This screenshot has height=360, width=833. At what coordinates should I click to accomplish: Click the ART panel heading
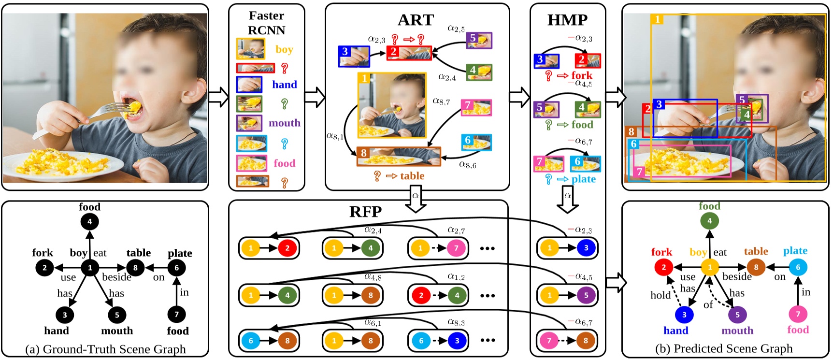(x=416, y=20)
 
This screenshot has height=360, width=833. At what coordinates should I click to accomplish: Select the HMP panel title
(x=567, y=20)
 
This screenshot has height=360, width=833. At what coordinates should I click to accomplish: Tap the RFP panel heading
(x=365, y=212)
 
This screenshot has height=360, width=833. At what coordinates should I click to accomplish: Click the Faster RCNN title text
(x=266, y=23)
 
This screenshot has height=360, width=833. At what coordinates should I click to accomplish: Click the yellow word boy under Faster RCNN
(x=284, y=49)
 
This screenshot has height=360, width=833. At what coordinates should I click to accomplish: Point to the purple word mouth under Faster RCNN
(x=284, y=123)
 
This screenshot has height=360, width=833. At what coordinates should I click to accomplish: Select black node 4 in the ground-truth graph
(x=89, y=222)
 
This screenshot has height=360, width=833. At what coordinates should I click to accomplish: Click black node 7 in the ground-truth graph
(x=176, y=314)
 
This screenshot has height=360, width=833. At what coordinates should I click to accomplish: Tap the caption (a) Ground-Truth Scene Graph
(x=105, y=349)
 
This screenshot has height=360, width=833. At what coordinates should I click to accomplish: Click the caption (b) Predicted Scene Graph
(x=723, y=348)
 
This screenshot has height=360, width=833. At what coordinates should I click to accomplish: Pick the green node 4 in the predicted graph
(x=709, y=221)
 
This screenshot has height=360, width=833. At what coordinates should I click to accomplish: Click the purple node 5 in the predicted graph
(x=737, y=315)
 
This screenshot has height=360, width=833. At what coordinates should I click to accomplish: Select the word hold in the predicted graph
(x=660, y=295)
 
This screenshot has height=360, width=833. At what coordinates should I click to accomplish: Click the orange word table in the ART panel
(x=412, y=176)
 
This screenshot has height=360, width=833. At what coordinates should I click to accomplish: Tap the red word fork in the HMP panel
(x=582, y=75)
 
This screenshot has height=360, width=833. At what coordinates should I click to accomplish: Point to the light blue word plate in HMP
(x=583, y=179)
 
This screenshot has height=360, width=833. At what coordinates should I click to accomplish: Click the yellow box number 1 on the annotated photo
(x=657, y=19)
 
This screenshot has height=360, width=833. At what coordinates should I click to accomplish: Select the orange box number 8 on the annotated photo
(x=632, y=131)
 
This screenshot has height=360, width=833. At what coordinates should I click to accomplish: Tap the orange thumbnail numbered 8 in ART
(x=399, y=156)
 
